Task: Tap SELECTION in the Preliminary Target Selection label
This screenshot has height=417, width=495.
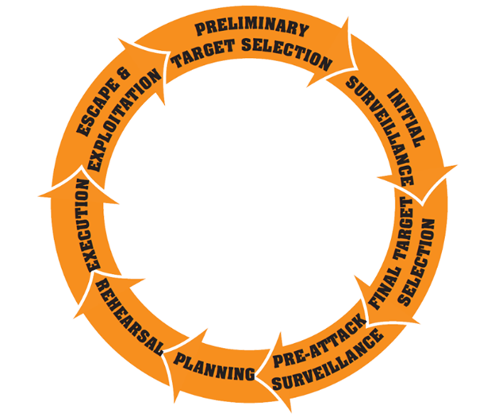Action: [x=284, y=58]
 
